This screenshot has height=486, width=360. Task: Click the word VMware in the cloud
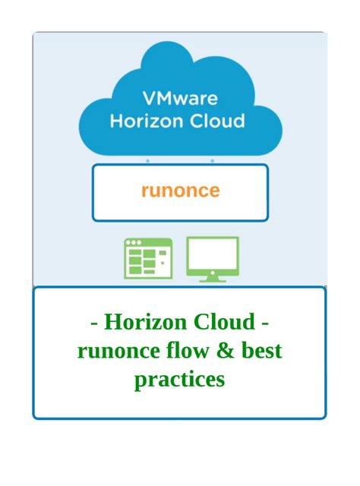click(180, 98)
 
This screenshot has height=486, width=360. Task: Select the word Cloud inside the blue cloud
click(217, 121)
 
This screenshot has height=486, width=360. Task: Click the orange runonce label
click(181, 191)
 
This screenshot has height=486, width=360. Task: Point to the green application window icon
click(148, 258)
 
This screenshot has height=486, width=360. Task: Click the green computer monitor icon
click(213, 260)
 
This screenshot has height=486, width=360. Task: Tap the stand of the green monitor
click(213, 279)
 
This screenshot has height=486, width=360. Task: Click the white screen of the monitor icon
click(213, 254)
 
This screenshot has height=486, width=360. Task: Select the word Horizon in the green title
click(146, 322)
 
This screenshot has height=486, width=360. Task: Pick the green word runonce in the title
click(118, 351)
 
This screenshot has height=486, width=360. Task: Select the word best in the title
click(262, 350)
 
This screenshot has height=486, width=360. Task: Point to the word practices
click(180, 380)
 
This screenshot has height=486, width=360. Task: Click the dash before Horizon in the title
click(94, 324)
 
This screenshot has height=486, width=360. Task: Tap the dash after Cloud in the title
click(265, 324)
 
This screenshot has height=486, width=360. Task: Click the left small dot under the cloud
click(147, 161)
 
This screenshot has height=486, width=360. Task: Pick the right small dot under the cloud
click(212, 161)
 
